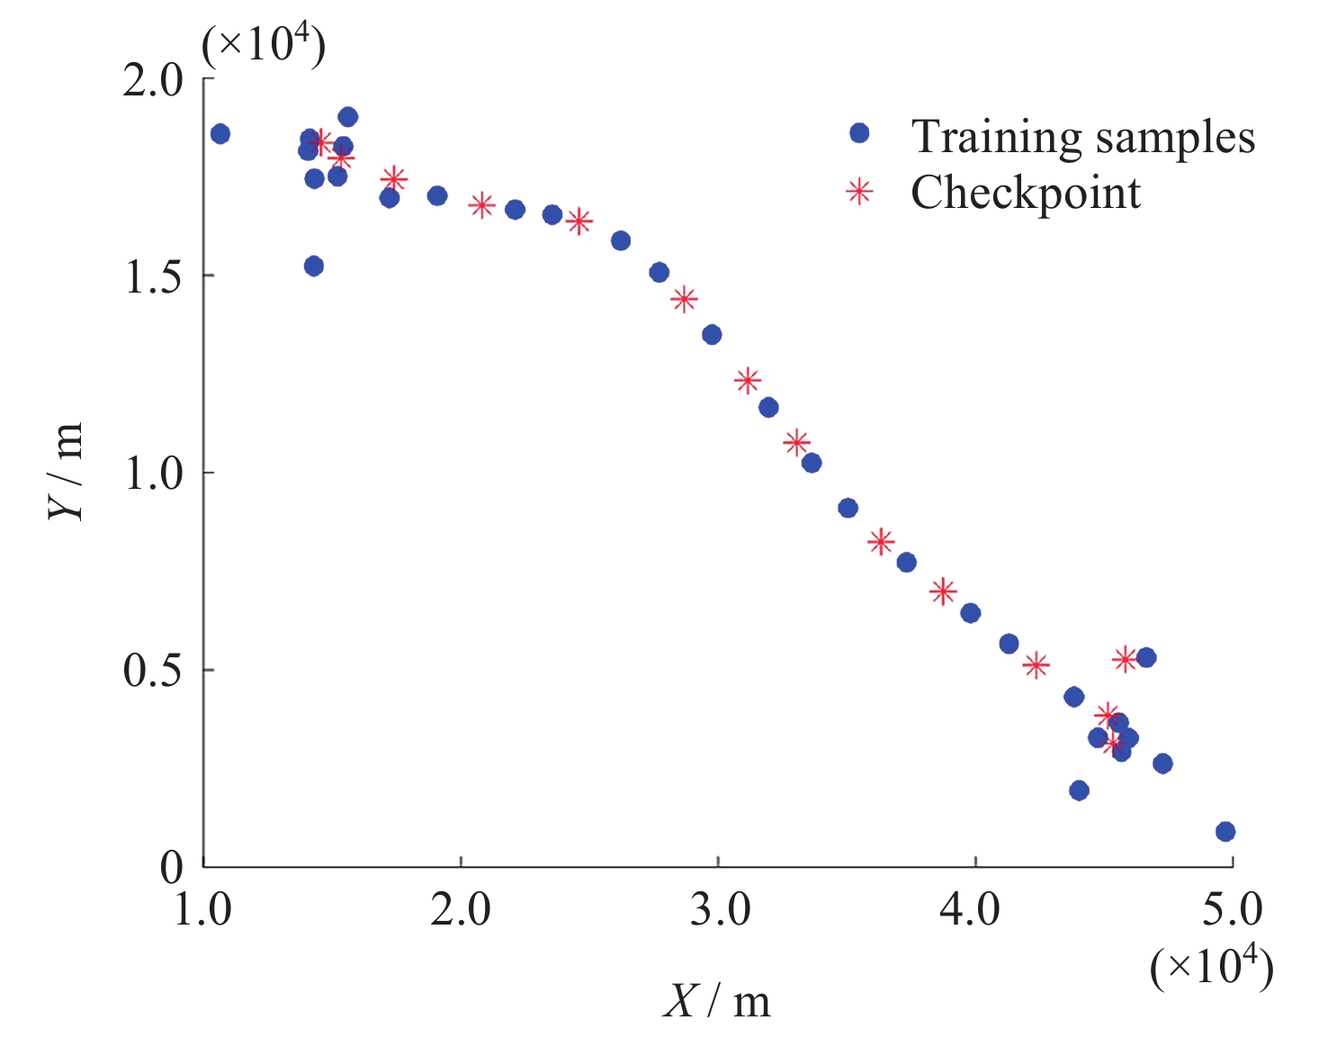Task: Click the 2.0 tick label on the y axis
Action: pyautogui.click(x=153, y=80)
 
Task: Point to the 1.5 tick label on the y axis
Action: pyautogui.click(x=153, y=277)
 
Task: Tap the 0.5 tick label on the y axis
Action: pyautogui.click(x=153, y=672)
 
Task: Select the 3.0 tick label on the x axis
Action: pyautogui.click(x=719, y=910)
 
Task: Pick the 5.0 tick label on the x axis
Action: pyautogui.click(x=1232, y=910)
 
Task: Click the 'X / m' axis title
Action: pyautogui.click(x=717, y=1000)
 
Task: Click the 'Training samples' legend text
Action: pyautogui.click(x=1082, y=137)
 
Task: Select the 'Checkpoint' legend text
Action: pyautogui.click(x=1026, y=193)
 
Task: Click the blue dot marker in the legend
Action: pyautogui.click(x=859, y=133)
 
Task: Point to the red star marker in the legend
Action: pyautogui.click(x=859, y=192)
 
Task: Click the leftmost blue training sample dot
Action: pyautogui.click(x=220, y=134)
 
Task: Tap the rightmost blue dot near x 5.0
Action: pyautogui.click(x=1225, y=832)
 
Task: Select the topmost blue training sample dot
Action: pyautogui.click(x=348, y=117)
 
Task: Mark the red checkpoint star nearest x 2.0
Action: pyautogui.click(x=482, y=205)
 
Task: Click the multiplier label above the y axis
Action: pyautogui.click(x=264, y=44)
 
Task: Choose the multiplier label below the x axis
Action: pyautogui.click(x=1211, y=967)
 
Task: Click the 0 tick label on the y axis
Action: pyautogui.click(x=171, y=868)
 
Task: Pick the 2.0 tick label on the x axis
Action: pyautogui.click(x=461, y=910)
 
